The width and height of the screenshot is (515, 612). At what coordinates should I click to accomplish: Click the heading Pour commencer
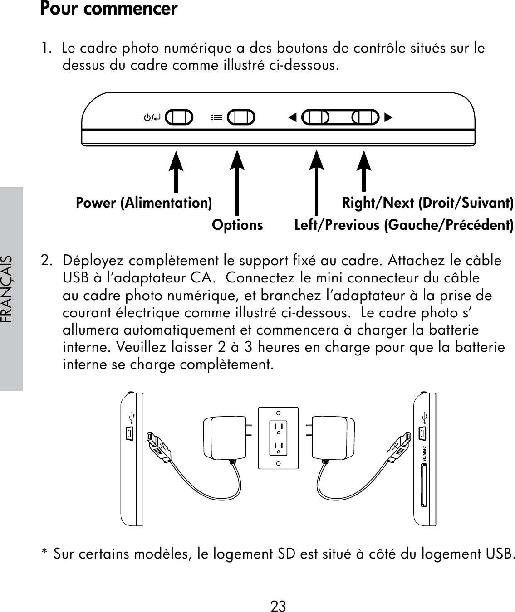click(x=109, y=9)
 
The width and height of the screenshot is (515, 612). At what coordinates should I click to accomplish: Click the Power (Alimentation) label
click(x=143, y=203)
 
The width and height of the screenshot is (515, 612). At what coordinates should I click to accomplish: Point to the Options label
click(x=237, y=225)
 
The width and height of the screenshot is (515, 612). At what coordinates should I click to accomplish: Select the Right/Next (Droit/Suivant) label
click(x=427, y=203)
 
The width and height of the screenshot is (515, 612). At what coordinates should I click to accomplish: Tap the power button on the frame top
click(x=179, y=117)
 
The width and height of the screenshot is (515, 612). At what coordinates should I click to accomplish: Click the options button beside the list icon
click(x=241, y=117)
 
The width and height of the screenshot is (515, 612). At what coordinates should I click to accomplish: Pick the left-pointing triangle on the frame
click(x=293, y=118)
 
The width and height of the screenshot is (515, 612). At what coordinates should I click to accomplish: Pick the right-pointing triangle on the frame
click(x=387, y=118)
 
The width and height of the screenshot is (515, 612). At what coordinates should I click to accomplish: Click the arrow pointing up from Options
click(x=237, y=181)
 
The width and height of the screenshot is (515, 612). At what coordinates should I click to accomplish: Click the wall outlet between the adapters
click(x=278, y=438)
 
